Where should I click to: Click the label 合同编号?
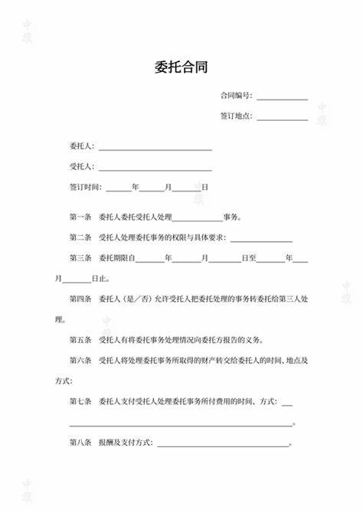[x=235, y=96]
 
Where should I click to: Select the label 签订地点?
[x=235, y=117]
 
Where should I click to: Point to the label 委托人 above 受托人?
[x=81, y=145]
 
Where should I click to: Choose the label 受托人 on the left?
[x=81, y=166]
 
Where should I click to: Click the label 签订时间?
[x=85, y=187]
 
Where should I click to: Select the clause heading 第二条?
[x=80, y=238]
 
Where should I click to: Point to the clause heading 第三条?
[x=80, y=259]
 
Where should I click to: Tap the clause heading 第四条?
[x=80, y=299]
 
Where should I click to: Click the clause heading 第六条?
[x=80, y=360]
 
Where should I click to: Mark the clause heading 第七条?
[x=80, y=401]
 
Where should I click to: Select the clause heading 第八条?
[x=80, y=443]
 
